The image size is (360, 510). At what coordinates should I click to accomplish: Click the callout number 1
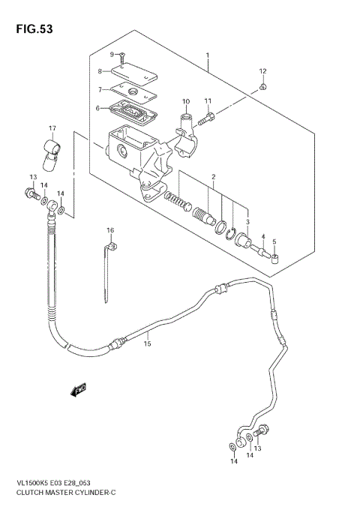[x=209, y=55]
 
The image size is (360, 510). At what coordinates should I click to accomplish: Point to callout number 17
[x=52, y=128]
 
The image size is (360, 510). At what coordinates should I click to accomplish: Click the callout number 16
[x=110, y=229]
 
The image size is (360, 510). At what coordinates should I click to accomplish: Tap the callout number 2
[x=213, y=178]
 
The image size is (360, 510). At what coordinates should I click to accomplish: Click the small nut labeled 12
[x=264, y=88]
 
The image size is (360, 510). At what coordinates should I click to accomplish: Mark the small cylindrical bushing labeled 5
[x=275, y=260]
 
